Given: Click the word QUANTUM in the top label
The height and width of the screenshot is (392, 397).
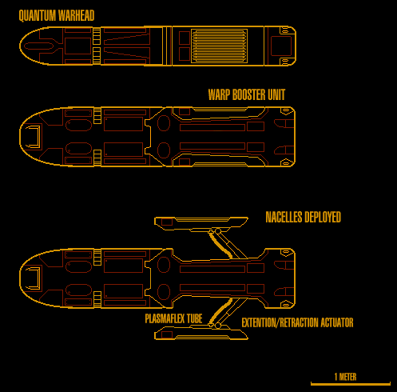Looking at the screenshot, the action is click(x=37, y=15).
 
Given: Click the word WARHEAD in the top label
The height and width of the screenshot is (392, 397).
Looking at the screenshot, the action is click(x=76, y=15).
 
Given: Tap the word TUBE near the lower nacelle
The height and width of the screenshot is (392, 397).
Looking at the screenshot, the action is click(x=194, y=318).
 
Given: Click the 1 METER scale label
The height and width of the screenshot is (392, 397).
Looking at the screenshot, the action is click(x=345, y=377).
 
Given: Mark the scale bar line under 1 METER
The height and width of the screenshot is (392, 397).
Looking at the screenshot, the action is click(x=351, y=384).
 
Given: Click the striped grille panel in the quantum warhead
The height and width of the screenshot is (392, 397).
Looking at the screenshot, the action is click(x=219, y=46).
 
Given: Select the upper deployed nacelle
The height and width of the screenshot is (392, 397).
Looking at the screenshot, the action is click(x=201, y=224).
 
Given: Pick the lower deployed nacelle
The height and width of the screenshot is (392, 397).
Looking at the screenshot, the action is click(x=201, y=332).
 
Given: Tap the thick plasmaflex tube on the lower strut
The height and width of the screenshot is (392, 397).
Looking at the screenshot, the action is click(x=221, y=311).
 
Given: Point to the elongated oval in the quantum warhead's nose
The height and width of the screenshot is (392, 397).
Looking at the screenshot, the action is click(x=38, y=46).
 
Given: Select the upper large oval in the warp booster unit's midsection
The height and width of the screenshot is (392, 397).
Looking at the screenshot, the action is click(x=164, y=123).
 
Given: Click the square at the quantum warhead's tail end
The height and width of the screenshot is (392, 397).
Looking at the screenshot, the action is click(x=281, y=46).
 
